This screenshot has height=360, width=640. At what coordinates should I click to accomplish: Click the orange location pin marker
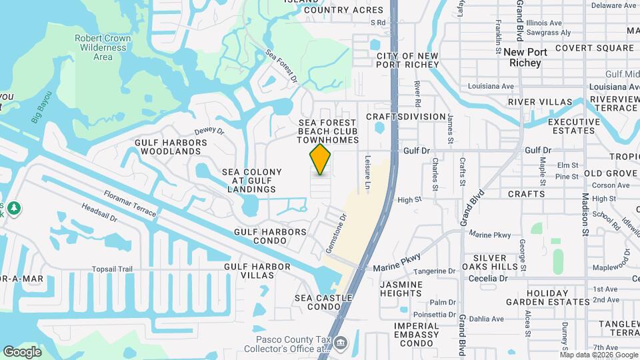(x=321, y=159)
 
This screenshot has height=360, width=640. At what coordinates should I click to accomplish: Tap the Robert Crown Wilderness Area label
(x=103, y=48)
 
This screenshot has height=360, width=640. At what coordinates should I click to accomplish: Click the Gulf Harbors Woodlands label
(x=171, y=147)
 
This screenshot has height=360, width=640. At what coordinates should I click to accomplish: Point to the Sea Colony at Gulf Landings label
(x=252, y=181)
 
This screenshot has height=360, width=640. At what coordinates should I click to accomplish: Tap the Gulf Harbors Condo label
(x=270, y=236)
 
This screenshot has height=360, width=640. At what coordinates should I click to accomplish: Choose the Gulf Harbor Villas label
(x=257, y=271)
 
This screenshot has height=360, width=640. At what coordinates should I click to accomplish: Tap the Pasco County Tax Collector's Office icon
(x=341, y=344)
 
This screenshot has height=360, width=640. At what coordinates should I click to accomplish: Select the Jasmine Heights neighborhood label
(x=401, y=289)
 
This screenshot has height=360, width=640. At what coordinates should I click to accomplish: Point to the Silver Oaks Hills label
(x=494, y=262)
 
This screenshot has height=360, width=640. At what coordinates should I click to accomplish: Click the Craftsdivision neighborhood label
(x=405, y=117)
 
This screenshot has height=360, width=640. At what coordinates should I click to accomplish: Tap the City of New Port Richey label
(x=407, y=60)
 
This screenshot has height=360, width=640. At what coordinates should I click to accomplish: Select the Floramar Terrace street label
(x=130, y=204)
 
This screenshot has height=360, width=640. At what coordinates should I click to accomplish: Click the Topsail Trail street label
(x=113, y=269)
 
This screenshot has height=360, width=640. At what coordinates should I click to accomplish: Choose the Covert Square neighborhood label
(x=594, y=48)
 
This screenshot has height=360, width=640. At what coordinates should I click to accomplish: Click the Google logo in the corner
(x=22, y=351)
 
